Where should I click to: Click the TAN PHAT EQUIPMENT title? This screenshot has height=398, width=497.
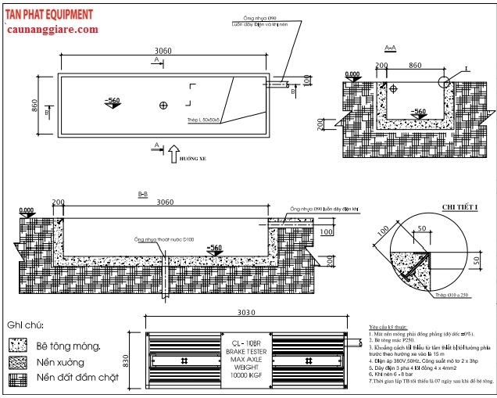(48, 14)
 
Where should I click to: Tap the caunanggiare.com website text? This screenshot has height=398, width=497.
(52, 29)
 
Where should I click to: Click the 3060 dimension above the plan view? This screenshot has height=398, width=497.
(163, 51)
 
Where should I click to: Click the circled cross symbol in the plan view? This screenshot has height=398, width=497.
(163, 105)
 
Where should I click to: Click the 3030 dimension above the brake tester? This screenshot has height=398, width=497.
(248, 311)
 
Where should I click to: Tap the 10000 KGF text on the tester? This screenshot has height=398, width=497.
(248, 376)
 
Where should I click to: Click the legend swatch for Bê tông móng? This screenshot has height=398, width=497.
(16, 345)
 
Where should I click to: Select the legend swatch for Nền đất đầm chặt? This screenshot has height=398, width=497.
(16, 379)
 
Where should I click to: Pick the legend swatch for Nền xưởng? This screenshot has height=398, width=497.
(16, 362)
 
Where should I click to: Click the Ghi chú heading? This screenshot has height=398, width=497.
(25, 325)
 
